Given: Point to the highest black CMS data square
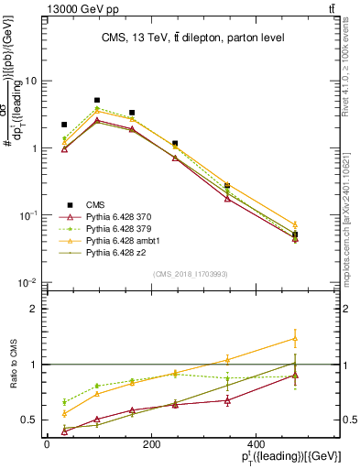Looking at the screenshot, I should coord(97,100).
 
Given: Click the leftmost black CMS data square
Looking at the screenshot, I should coord(64,125).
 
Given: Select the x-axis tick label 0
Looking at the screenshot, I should coord(47,445).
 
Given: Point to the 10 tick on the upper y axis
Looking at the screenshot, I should coord(33,81).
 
